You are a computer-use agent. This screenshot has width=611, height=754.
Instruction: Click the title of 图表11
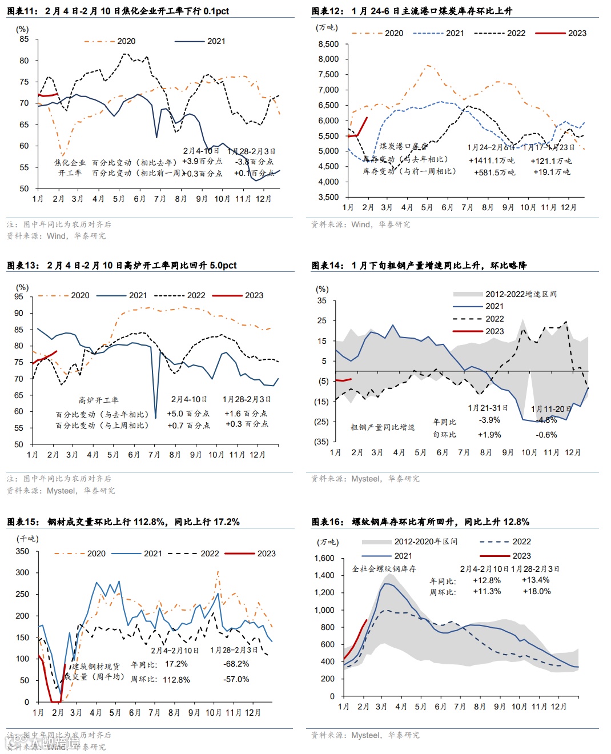coord(118,11)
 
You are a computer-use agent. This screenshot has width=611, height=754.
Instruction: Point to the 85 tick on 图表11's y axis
coord(24,39)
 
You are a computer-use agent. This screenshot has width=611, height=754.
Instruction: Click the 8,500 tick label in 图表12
coord(328,44)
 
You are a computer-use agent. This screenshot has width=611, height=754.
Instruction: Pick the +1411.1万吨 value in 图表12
coord(491,161)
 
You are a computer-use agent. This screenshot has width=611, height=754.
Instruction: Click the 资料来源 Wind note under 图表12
coord(360,224)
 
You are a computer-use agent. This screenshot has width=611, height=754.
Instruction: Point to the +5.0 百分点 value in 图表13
coord(188,414)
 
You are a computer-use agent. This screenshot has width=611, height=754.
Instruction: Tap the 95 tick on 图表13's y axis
coord(19,296)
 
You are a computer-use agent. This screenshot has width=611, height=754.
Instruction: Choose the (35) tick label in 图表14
coord(322,442)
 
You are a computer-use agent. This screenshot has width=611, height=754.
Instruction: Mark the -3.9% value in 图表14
coord(489,420)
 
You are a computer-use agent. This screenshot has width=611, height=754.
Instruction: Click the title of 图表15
coord(123,522)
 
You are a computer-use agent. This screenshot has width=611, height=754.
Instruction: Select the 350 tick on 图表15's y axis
coord(22,551)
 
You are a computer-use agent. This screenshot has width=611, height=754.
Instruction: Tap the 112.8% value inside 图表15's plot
coord(176,680)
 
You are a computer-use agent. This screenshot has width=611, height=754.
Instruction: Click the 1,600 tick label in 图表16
coord(324,558)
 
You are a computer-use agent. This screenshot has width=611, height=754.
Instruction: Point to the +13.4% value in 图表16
coord(536,580)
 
